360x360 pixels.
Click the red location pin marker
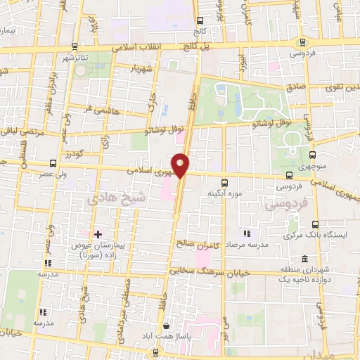click(x=181, y=165)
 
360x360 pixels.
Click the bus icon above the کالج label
click(x=200, y=21)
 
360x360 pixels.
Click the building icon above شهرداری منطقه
click(x=304, y=258)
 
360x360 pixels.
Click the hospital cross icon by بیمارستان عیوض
click(x=97, y=233)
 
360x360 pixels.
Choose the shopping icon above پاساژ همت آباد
click(x=166, y=326)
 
